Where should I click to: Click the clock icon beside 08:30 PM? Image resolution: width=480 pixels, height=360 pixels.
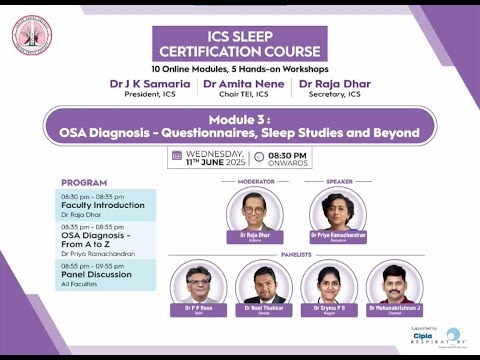(x=260, y=157)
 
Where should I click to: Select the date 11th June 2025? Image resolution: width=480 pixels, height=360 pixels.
(x=211, y=161)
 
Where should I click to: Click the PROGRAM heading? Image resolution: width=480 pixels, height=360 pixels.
(x=84, y=182)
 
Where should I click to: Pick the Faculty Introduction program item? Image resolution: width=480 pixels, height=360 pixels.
(x=103, y=204)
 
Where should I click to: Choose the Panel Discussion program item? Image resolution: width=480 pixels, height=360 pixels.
(x=97, y=274)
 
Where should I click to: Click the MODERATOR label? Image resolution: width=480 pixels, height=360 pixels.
(x=255, y=181)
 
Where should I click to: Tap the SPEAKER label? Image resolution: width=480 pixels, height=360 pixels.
(x=339, y=181)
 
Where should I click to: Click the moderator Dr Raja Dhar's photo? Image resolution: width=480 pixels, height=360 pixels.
(x=255, y=211)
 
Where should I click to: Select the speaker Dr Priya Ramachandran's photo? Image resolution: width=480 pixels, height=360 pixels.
(x=338, y=211)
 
